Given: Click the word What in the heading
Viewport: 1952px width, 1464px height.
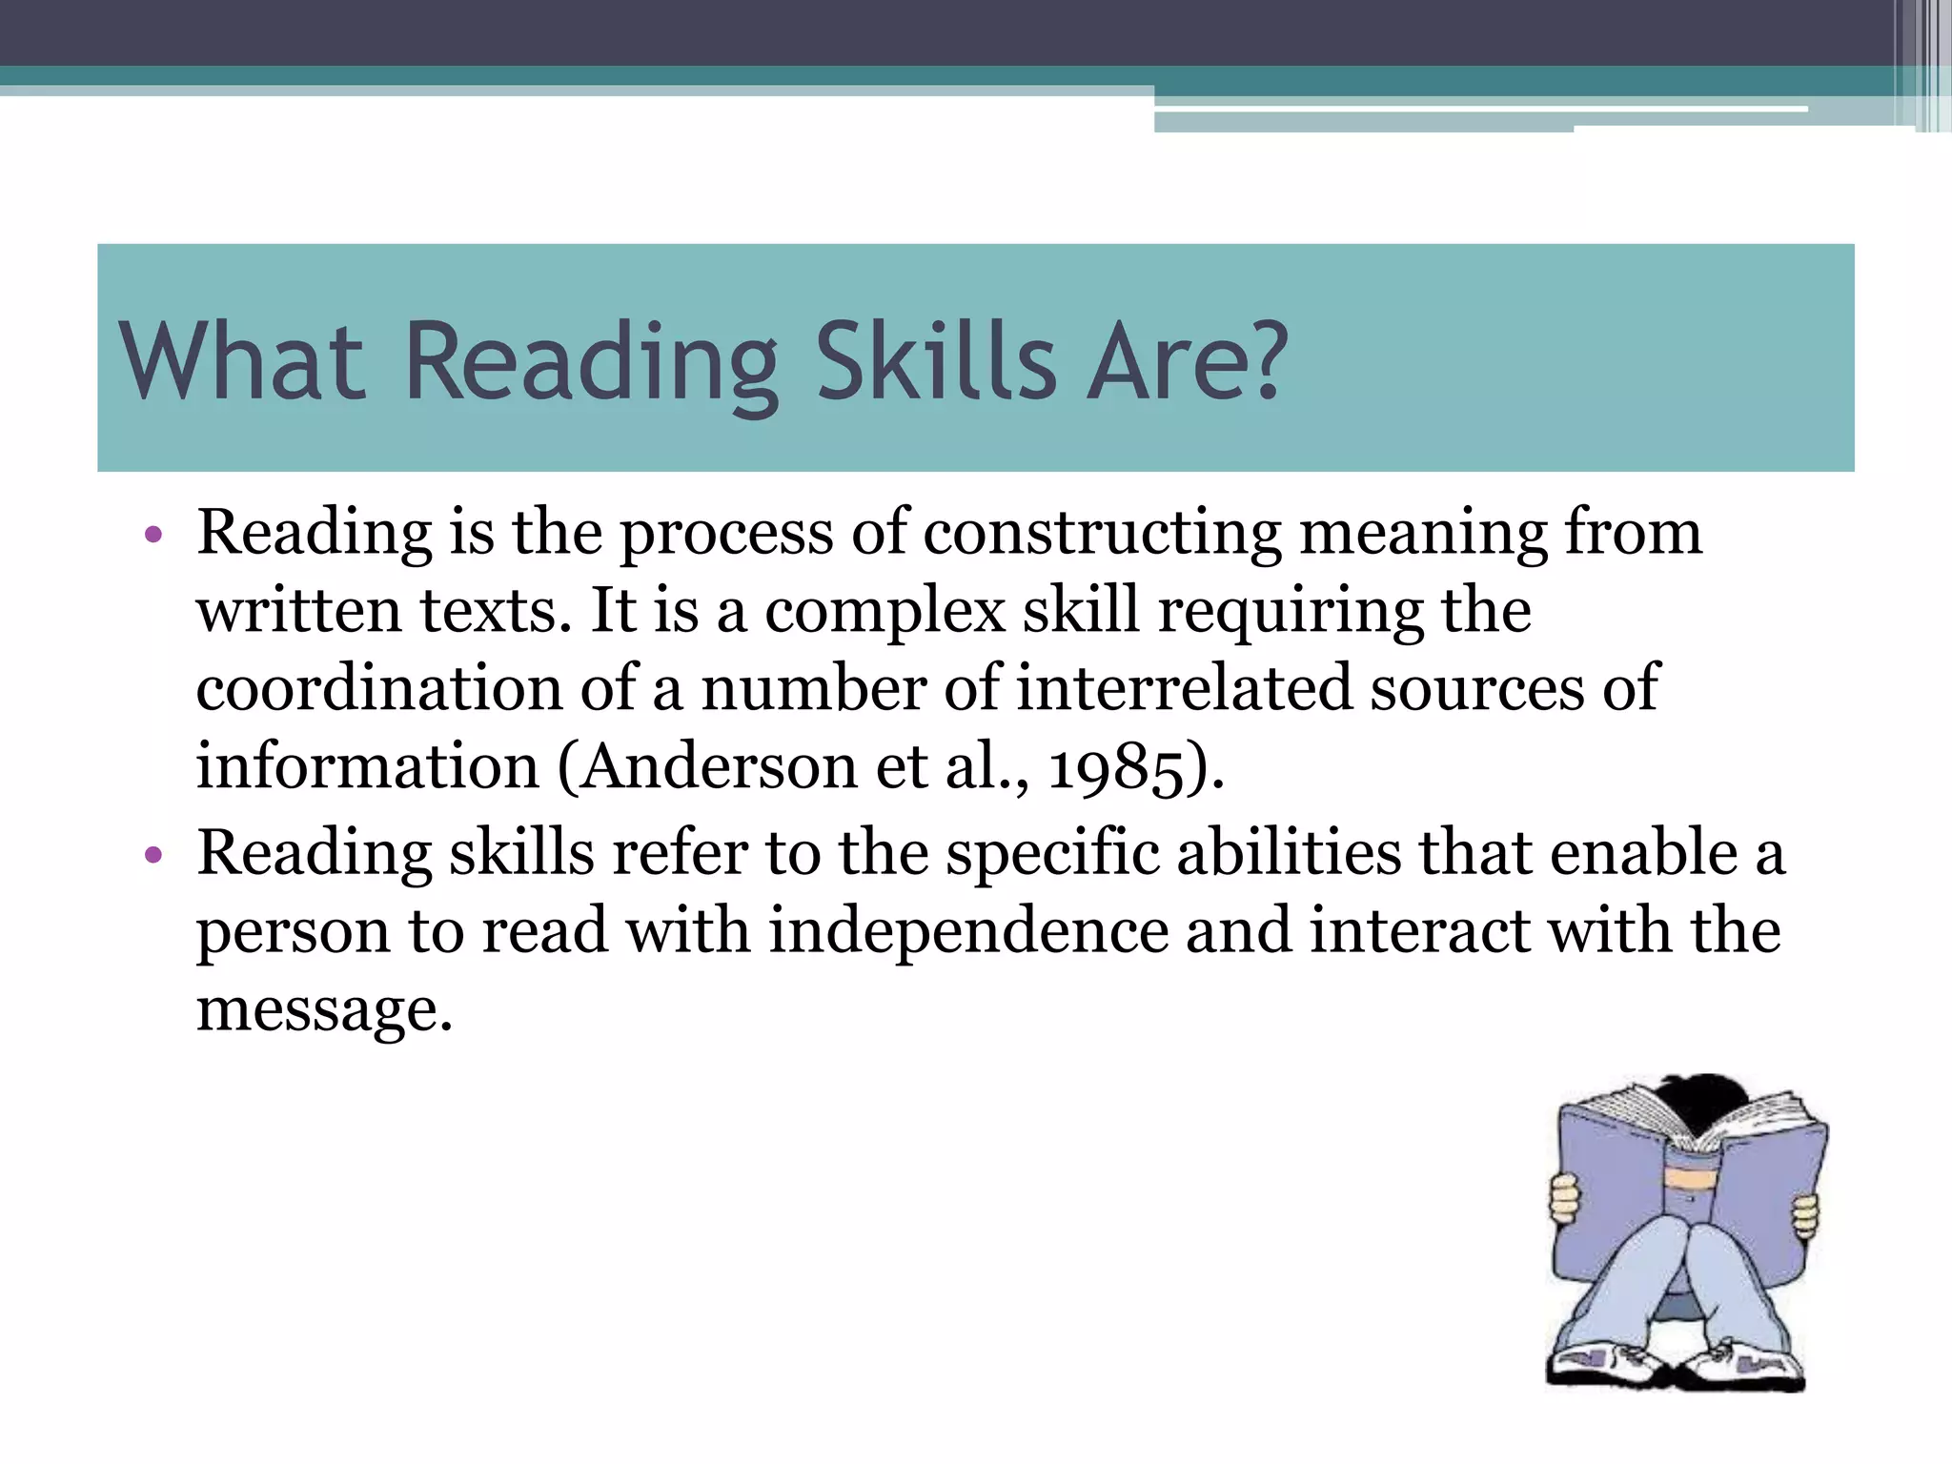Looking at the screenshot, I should (x=242, y=362).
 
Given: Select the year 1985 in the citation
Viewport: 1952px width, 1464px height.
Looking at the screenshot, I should (x=1115, y=766).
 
